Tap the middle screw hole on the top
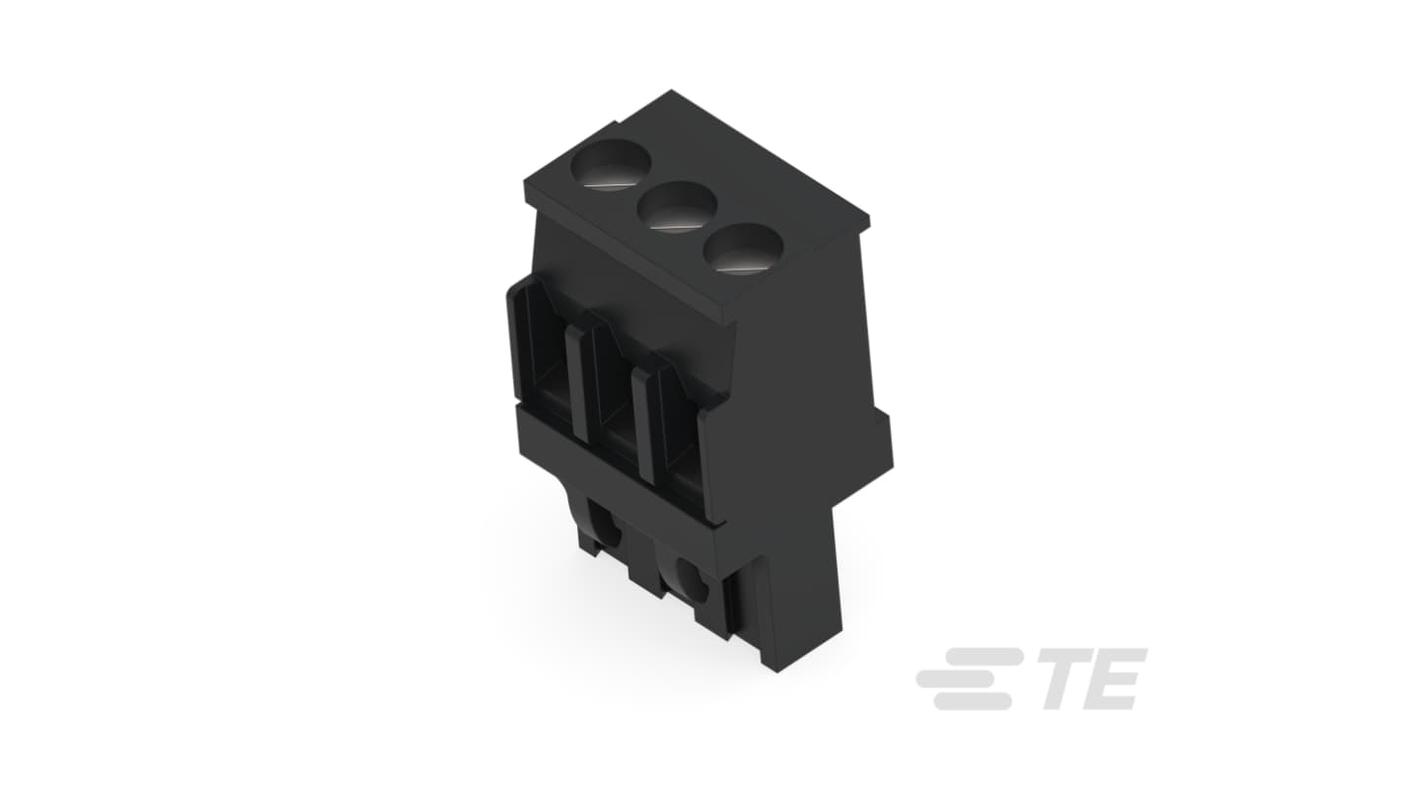click(x=677, y=207)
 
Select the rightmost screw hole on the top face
click(x=743, y=248)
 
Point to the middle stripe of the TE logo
click(x=961, y=678)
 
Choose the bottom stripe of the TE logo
click(x=972, y=701)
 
